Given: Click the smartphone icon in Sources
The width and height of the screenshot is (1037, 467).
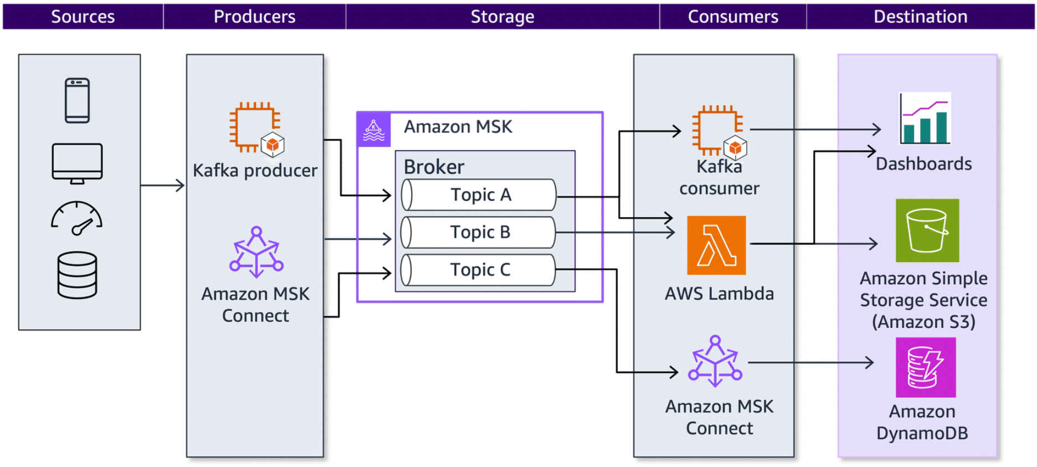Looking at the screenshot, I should (77, 100).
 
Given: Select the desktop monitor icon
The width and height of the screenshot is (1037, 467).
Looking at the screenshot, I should (77, 163).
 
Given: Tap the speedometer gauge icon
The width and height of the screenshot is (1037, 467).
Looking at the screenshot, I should (76, 218).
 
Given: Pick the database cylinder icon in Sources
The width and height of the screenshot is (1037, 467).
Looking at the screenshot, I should (77, 275).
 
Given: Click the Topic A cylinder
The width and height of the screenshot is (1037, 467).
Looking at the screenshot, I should (479, 195).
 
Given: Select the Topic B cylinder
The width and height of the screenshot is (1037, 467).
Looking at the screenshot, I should (479, 232).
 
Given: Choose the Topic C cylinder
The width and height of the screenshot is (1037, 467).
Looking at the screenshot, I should (479, 270).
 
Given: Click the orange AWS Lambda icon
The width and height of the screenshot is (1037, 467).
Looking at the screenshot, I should (716, 245).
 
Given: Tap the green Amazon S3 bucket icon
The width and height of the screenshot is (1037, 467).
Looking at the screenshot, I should (927, 230).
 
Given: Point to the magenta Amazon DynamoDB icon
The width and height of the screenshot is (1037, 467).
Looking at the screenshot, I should (926, 367).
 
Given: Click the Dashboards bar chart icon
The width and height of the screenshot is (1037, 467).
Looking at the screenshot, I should (925, 119).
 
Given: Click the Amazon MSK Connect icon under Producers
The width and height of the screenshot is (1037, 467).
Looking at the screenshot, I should (256, 252).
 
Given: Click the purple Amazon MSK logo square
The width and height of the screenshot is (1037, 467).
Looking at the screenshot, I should (374, 130).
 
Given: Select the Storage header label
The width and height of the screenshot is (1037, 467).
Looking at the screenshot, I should (502, 17).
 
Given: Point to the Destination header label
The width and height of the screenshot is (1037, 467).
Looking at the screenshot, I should (920, 17).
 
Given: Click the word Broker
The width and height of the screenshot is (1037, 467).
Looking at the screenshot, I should (434, 167).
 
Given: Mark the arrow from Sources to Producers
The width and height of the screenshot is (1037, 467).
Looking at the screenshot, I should (163, 186).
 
